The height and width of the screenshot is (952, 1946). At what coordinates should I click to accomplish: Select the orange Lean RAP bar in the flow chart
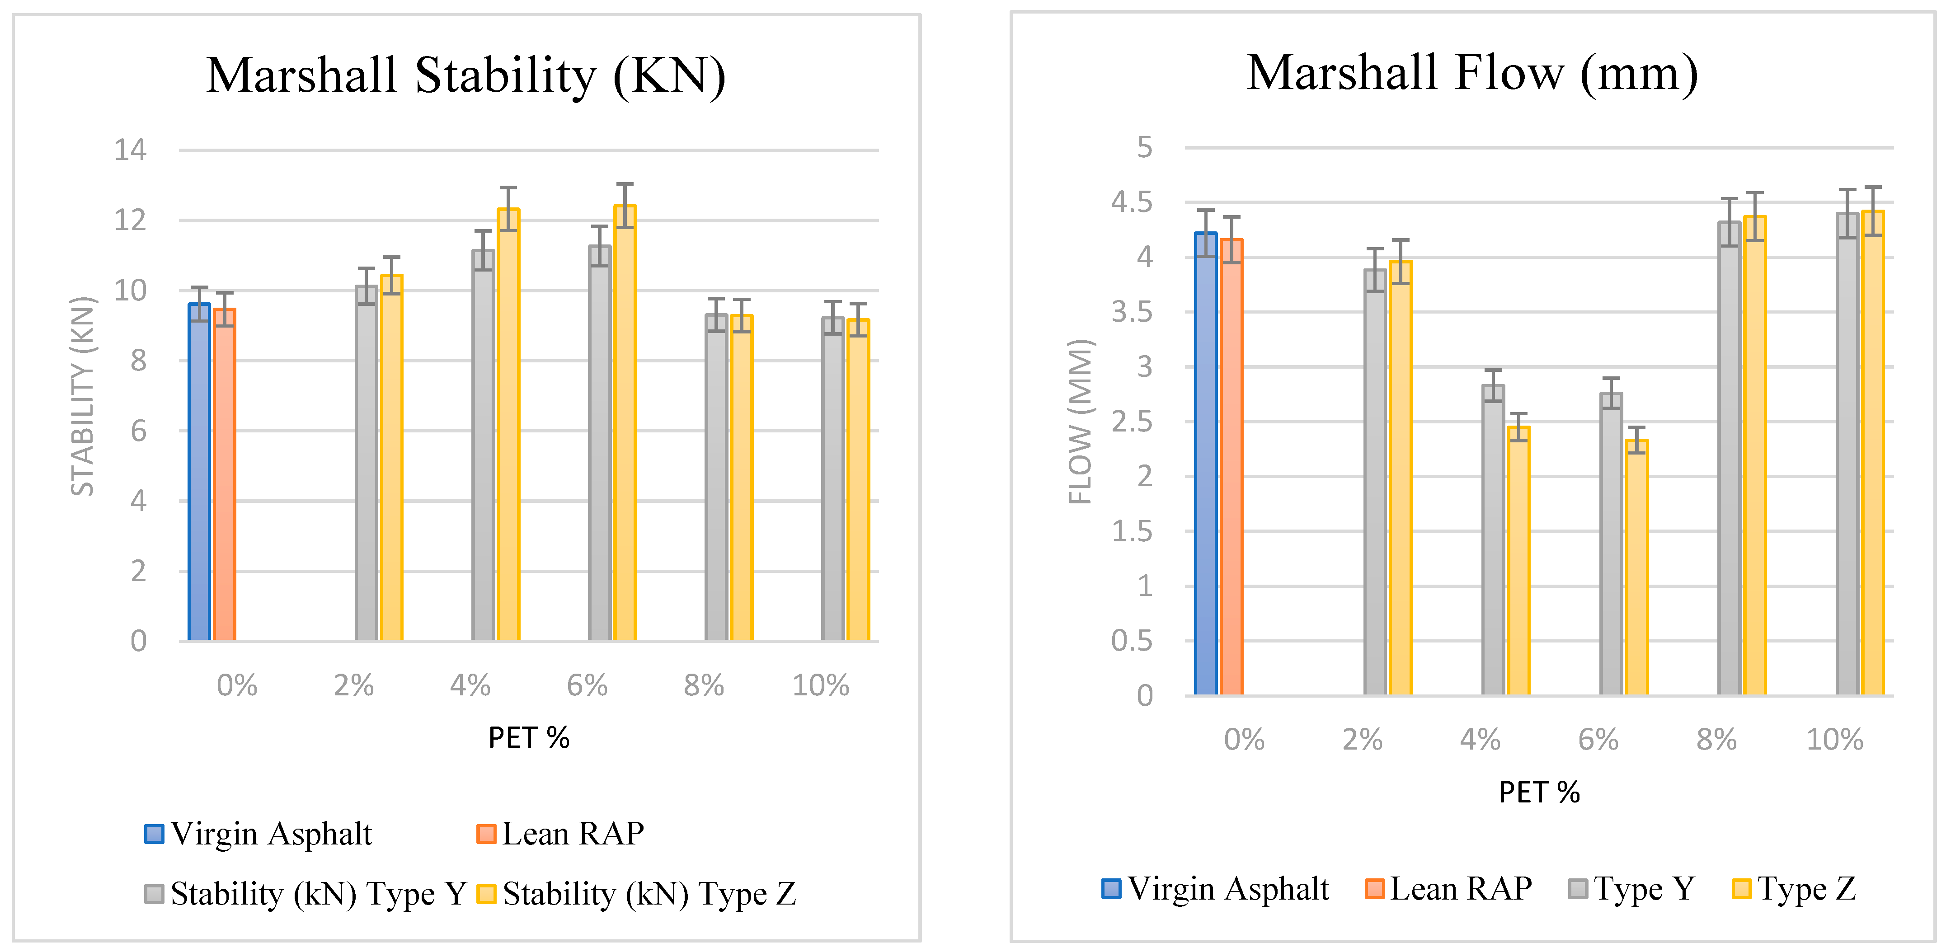(1232, 469)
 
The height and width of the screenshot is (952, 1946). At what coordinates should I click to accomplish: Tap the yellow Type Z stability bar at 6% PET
(625, 423)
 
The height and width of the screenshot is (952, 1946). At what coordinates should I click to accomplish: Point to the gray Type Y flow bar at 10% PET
(1847, 453)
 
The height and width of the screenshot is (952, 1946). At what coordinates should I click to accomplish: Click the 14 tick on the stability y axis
(130, 150)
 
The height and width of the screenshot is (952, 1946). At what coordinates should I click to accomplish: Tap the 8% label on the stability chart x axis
(703, 685)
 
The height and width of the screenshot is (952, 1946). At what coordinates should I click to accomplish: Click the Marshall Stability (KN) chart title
(465, 75)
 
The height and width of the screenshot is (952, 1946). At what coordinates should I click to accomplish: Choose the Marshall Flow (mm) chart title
(1471, 73)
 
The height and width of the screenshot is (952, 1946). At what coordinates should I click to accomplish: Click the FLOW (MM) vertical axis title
(1080, 422)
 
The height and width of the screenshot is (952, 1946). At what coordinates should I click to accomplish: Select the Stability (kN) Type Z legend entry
(638, 894)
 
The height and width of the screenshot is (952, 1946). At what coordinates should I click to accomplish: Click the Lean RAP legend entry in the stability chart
(561, 833)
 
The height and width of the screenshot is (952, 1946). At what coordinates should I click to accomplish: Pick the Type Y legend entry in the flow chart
(1632, 889)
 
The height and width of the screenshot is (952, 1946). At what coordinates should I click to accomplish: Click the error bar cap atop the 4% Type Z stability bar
(508, 188)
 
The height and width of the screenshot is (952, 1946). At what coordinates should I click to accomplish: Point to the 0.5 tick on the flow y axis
(1132, 641)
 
